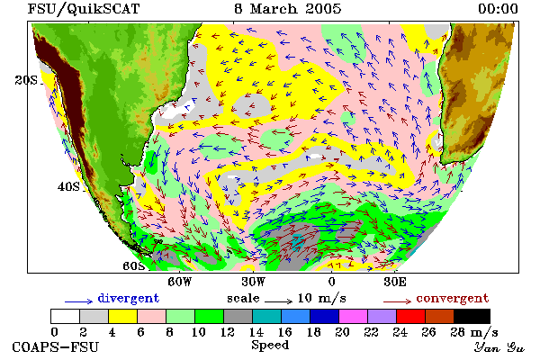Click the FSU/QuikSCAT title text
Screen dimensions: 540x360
pos(84,9)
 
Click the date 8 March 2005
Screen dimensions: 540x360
pos(288,9)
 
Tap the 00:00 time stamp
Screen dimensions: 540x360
pos(498,9)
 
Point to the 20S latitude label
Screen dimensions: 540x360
pos(26,80)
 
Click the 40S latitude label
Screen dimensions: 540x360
pos(68,186)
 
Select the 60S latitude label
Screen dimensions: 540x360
pos(134,266)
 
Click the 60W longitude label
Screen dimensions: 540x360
pos(179,282)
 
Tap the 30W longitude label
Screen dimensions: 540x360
pos(254,282)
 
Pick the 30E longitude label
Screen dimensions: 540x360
pos(395,282)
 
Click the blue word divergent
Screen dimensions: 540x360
pos(129,298)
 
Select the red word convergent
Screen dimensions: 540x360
pos(453,298)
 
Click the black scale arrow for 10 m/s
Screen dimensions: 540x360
pos(279,301)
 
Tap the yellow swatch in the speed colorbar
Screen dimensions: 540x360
pos(123,316)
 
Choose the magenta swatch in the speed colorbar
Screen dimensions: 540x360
pos(354,316)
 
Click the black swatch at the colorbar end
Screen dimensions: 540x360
pos(472,316)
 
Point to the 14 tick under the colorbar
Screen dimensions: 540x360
pos(256,332)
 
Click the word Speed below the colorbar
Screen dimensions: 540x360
pos(270,346)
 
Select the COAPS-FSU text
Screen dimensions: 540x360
pos(56,346)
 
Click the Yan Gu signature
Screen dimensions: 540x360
pos(499,347)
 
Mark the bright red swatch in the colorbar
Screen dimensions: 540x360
pos(411,316)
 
